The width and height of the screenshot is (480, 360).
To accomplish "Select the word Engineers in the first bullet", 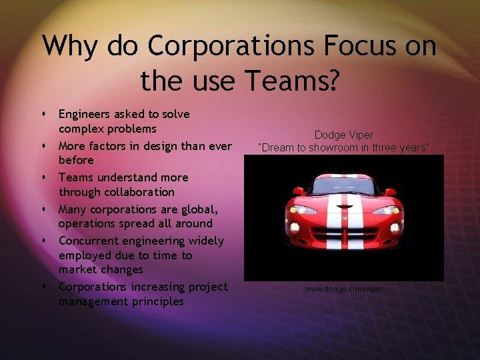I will (x=85, y=114).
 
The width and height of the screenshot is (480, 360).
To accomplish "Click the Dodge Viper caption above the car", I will (x=343, y=135).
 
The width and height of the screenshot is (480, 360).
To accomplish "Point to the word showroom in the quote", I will (x=337, y=147).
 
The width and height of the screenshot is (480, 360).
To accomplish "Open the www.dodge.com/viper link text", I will (x=344, y=289).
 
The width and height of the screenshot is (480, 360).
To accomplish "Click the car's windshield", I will (x=343, y=186).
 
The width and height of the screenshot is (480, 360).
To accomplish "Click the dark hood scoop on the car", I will (x=344, y=203).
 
